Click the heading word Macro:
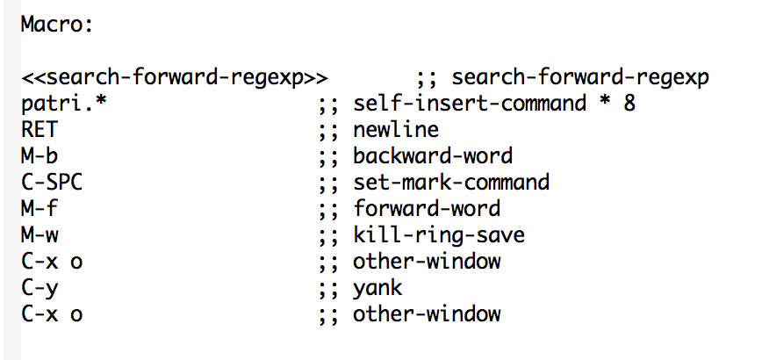tap(57, 24)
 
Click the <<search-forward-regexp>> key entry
tap(175, 77)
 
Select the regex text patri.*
tap(64, 103)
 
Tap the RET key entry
tap(40, 129)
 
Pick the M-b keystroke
tap(40, 156)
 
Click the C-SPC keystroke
tap(52, 182)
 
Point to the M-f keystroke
tap(40, 208)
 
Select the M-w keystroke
tap(40, 234)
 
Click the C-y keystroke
tap(40, 288)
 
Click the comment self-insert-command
tap(470, 103)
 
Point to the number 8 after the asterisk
tap(629, 104)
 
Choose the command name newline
tap(396, 129)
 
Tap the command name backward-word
tap(433, 156)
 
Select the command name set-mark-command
tap(451, 182)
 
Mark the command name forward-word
tap(427, 208)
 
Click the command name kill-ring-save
tap(439, 235)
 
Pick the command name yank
tap(377, 288)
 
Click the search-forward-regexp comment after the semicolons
tap(580, 77)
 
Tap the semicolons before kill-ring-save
tap(328, 236)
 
